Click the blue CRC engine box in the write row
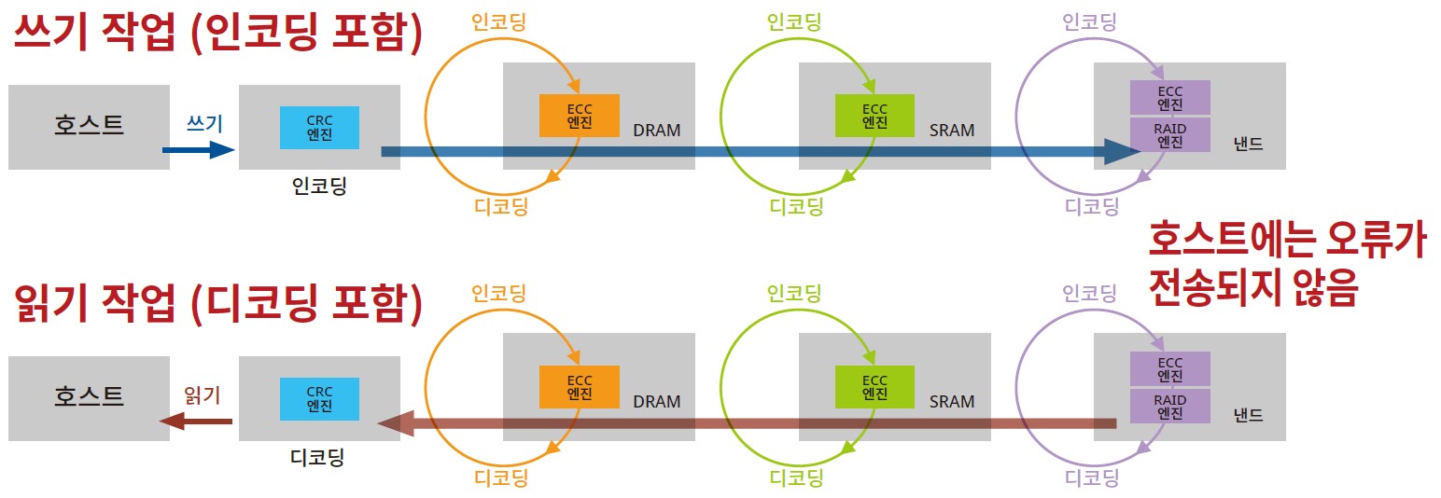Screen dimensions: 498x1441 pos(319,127)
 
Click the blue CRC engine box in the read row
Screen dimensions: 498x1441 pos(319,398)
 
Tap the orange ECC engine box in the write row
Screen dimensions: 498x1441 pos(579,116)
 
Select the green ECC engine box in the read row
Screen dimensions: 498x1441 pos(874,387)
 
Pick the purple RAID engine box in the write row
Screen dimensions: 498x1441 pos(1169,135)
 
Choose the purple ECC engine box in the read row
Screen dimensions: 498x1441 pos(1169,369)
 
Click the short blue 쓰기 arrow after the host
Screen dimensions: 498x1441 pos(197,149)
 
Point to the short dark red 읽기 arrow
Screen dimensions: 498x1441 pos(196,422)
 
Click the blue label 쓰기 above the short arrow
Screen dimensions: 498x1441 pos(205,122)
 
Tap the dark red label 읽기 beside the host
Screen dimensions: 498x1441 pos(203,394)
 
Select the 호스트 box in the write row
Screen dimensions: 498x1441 pos(89,126)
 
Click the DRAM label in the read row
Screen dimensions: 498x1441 pos(656,402)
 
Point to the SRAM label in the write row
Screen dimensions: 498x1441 pos(952,131)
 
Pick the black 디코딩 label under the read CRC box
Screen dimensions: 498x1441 pos(318,458)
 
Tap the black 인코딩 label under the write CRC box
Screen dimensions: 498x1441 pos(318,186)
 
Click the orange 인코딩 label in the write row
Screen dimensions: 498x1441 pos(499,21)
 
